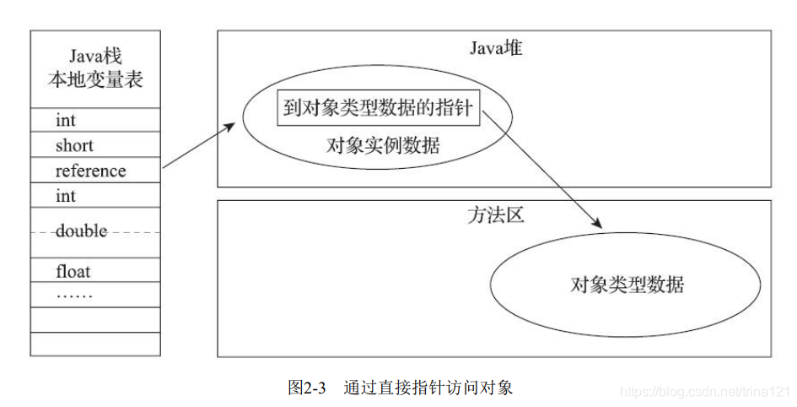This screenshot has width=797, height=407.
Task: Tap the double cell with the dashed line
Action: tap(81, 231)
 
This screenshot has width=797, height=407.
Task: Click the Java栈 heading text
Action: tap(94, 57)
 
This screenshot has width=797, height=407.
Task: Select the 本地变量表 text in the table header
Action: tap(94, 80)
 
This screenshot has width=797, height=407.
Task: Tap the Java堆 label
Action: tap(496, 48)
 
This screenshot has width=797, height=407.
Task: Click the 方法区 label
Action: tap(495, 215)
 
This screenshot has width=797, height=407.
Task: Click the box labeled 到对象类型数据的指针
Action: tap(379, 108)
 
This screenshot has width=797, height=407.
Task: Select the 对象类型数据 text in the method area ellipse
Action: tap(627, 284)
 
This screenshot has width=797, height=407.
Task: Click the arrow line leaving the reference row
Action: tap(197, 146)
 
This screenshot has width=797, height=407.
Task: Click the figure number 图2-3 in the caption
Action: tap(306, 388)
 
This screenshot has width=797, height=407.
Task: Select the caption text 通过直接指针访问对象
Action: tap(428, 388)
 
